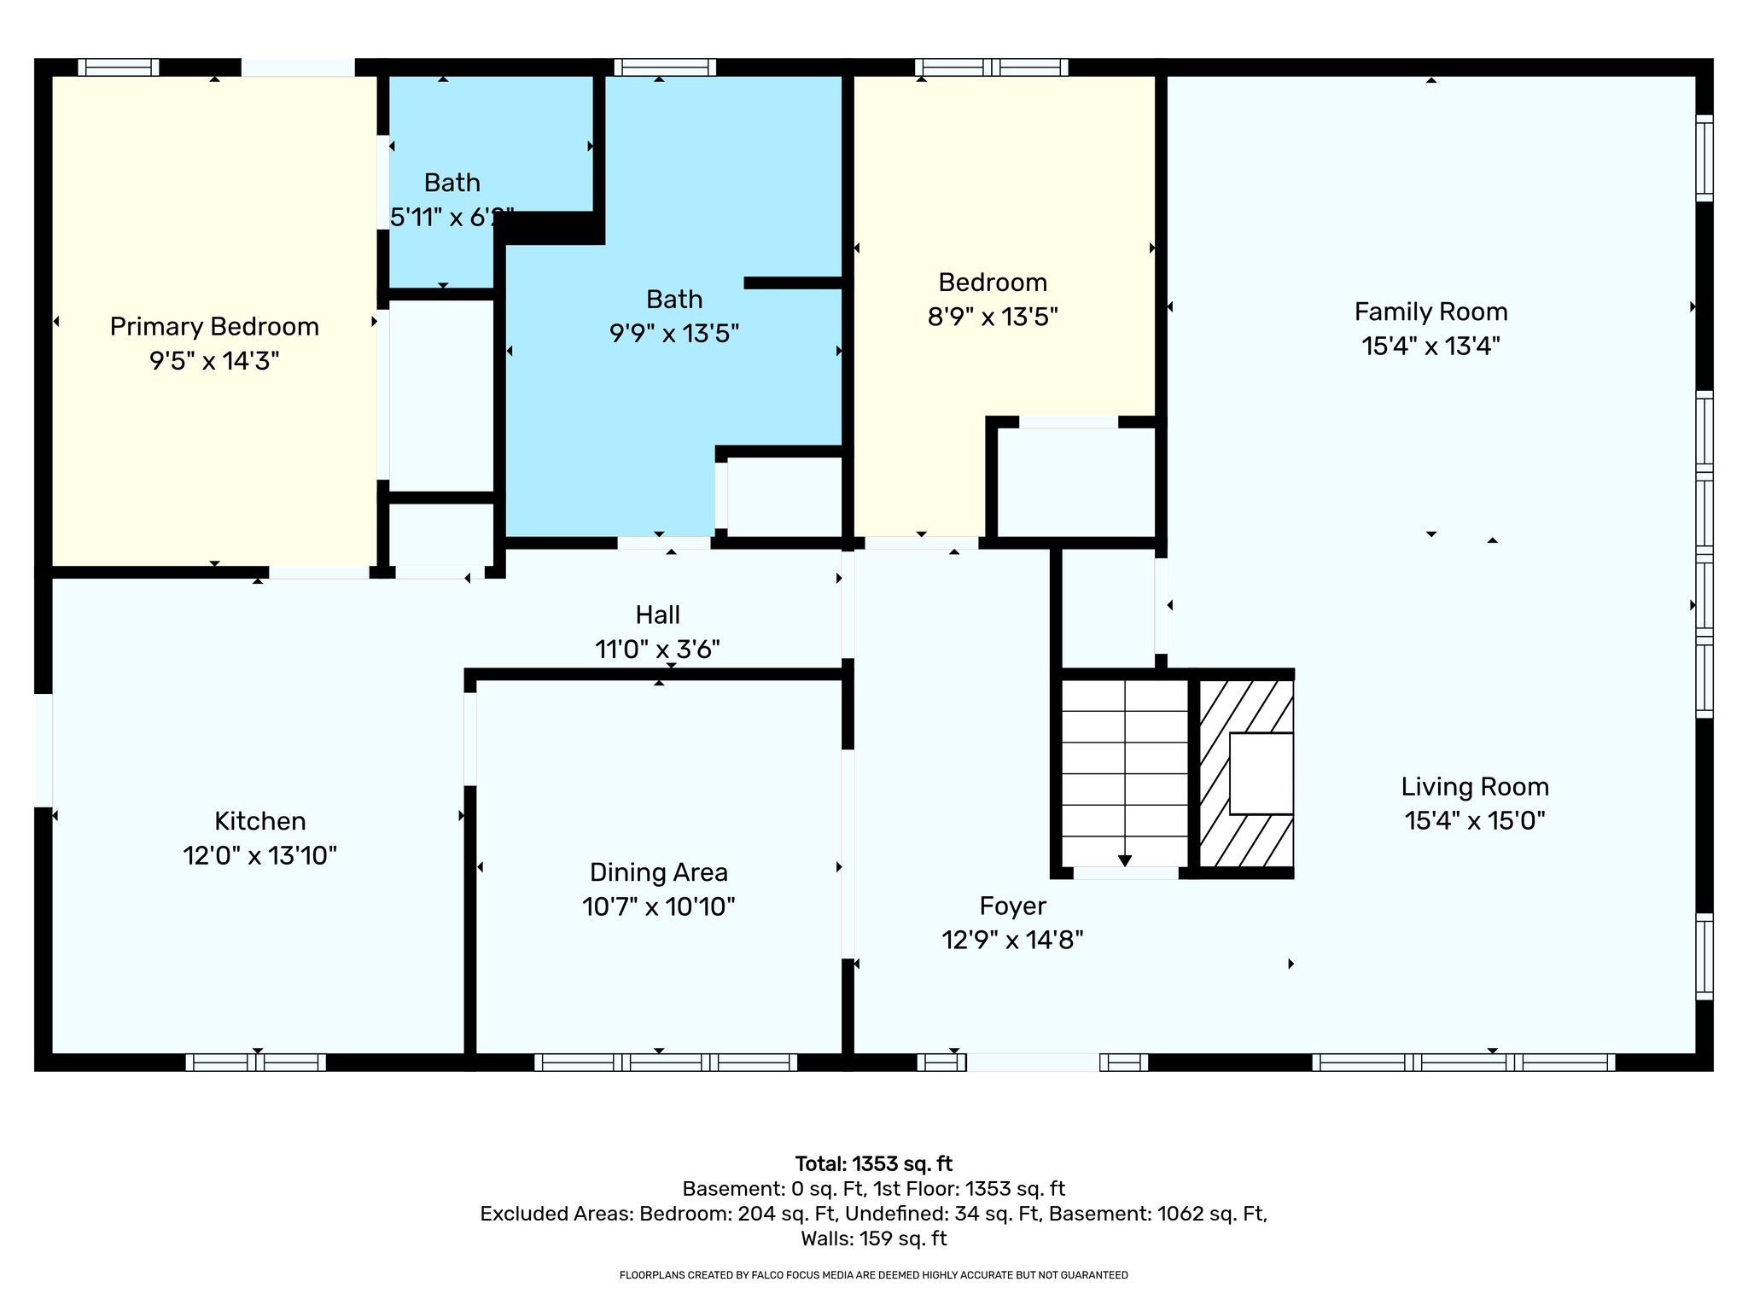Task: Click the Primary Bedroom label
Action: (x=214, y=327)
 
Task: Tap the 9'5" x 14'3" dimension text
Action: (x=214, y=361)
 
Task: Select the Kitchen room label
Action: (x=259, y=821)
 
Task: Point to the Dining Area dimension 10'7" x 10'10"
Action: (x=658, y=906)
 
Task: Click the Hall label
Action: (x=657, y=615)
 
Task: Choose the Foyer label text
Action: (x=1012, y=906)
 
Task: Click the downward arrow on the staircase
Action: (x=1125, y=860)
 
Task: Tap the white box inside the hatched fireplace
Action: (x=1261, y=773)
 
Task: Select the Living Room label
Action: (x=1474, y=786)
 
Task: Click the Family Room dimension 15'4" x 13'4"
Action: (x=1430, y=346)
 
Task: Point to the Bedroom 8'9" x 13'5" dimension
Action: (x=992, y=318)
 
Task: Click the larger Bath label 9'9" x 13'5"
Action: (x=673, y=300)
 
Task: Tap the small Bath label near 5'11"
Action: (x=452, y=183)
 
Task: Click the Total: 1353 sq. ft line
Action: (x=873, y=1164)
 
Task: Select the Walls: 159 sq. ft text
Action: (x=873, y=1238)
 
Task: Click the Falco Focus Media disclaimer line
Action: (x=873, y=1275)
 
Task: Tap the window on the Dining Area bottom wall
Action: (x=666, y=1063)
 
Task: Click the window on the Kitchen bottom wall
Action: (x=255, y=1063)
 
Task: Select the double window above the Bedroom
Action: (x=991, y=67)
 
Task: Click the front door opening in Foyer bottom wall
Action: (x=1032, y=1063)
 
